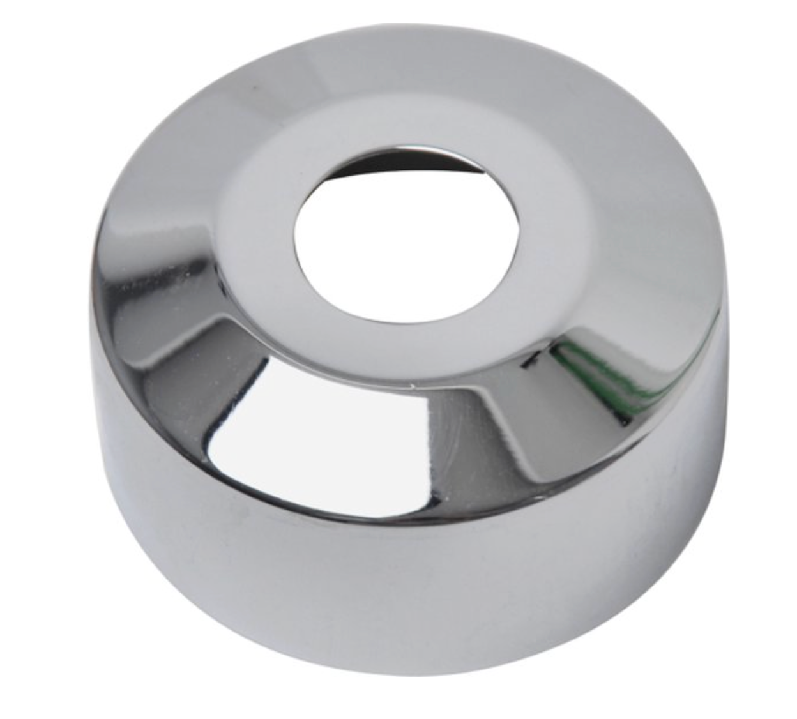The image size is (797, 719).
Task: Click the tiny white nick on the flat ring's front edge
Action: (x=415, y=386)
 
